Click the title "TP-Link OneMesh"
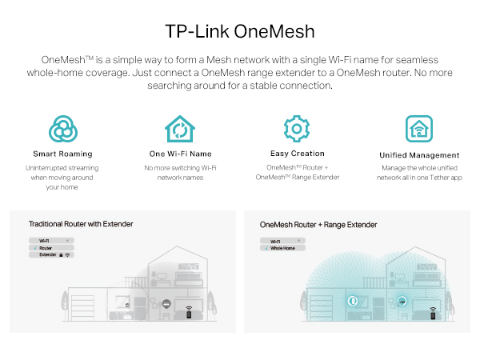click(x=240, y=31)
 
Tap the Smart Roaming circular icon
click(x=62, y=129)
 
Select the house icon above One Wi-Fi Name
click(x=180, y=129)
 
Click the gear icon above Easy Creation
click(x=297, y=128)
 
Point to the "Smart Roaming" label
click(x=62, y=154)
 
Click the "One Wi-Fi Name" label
click(x=180, y=154)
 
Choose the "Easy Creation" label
click(x=297, y=153)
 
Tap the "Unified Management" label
click(x=419, y=154)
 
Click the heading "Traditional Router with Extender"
click(x=81, y=224)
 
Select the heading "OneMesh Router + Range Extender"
click(x=318, y=225)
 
